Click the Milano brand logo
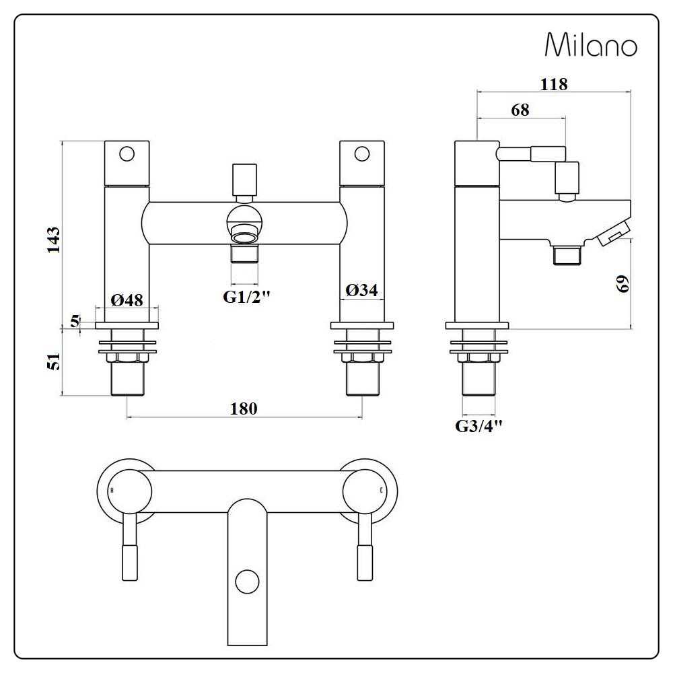[591, 44]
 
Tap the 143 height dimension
[54, 240]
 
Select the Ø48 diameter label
[127, 300]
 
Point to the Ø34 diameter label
[361, 291]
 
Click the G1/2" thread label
[246, 297]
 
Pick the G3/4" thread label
[479, 426]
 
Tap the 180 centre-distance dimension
[244, 409]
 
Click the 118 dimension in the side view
[554, 84]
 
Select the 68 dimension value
[520, 110]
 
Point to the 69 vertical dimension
[623, 284]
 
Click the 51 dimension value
[54, 361]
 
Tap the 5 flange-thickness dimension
[75, 321]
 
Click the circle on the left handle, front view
[127, 153]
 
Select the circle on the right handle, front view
[362, 153]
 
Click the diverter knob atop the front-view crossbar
[244, 180]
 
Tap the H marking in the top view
[112, 490]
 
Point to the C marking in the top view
[381, 490]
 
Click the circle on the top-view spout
[247, 581]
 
